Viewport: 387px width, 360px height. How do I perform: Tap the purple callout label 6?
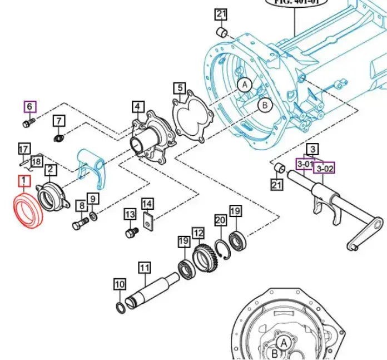click(29, 106)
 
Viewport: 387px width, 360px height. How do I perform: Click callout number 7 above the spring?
click(59, 121)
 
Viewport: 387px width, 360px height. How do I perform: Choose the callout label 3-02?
click(325, 167)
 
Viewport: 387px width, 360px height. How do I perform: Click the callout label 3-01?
click(304, 165)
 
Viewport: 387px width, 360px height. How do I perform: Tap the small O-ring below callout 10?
click(120, 308)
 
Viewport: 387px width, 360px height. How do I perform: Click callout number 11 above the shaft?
click(145, 268)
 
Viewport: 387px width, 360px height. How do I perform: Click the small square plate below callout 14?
click(148, 222)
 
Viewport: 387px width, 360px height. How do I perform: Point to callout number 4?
click(137, 106)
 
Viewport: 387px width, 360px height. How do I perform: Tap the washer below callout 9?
click(93, 216)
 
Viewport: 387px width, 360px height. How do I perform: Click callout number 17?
click(23, 149)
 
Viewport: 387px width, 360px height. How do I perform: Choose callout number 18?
click(36, 161)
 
